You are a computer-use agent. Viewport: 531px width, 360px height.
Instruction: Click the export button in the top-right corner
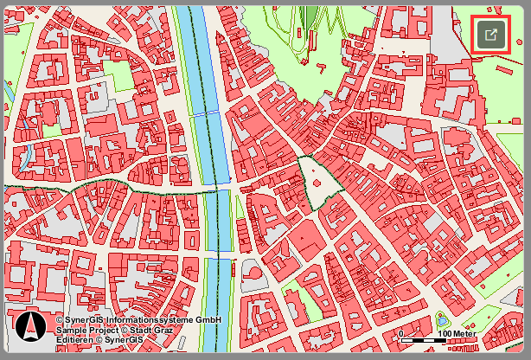tap(490, 35)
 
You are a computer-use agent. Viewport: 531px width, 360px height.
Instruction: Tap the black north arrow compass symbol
tap(30, 326)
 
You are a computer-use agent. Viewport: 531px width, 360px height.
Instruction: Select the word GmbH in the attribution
tap(208, 320)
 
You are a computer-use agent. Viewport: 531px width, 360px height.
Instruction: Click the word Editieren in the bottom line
tap(74, 339)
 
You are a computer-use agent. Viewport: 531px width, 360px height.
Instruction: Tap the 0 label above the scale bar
tap(401, 333)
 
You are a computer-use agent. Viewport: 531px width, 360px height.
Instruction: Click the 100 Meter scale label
tap(456, 333)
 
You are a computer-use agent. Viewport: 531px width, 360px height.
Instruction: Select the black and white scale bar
tap(424, 340)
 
